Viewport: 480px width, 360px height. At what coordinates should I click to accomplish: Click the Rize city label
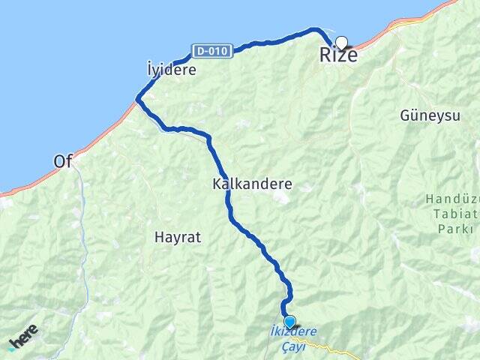tap(338, 55)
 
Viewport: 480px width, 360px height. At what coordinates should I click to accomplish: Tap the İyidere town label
tap(172, 70)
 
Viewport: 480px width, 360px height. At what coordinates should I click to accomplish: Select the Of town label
tap(63, 161)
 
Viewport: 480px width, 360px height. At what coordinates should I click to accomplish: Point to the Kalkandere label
tap(252, 183)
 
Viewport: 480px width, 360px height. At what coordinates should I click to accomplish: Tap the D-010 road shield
tap(211, 51)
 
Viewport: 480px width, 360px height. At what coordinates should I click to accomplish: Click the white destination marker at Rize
tap(342, 43)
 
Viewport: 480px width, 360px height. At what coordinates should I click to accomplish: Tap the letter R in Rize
tap(325, 55)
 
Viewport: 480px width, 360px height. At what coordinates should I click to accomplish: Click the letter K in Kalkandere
tap(217, 183)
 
